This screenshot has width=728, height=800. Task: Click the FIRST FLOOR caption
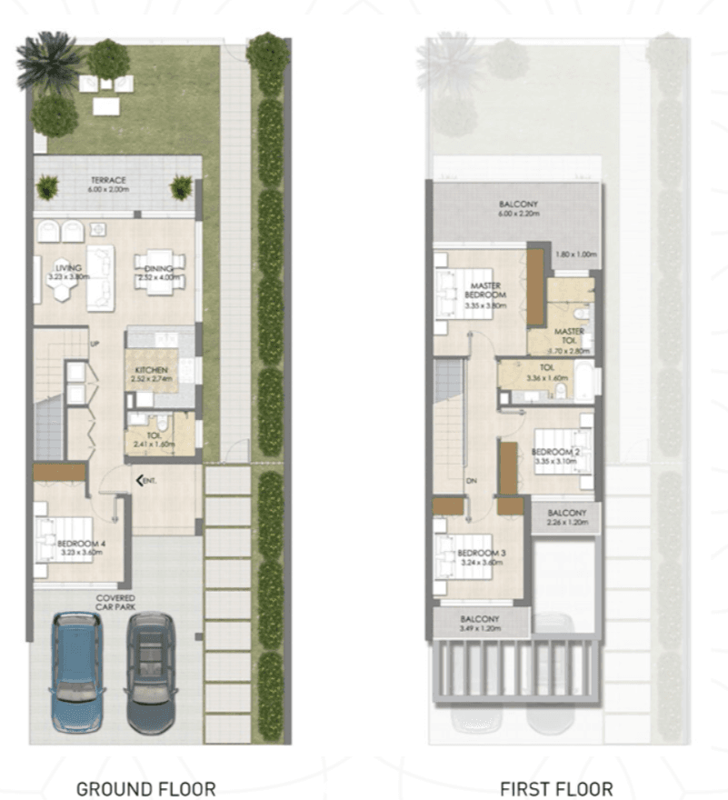coord(556,787)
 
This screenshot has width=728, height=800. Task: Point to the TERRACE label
coord(107,180)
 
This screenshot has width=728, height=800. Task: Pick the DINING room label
coord(159,269)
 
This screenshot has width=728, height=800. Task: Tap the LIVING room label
coord(68,269)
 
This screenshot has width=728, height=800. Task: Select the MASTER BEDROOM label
coord(482,291)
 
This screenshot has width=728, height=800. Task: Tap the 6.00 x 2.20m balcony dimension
coord(519,215)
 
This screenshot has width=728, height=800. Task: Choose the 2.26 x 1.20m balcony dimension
coord(564,524)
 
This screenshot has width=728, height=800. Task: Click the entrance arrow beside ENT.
coord(138,479)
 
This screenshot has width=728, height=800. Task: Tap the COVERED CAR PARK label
coord(116,603)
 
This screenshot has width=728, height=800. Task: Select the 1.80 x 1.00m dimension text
coord(574,255)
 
